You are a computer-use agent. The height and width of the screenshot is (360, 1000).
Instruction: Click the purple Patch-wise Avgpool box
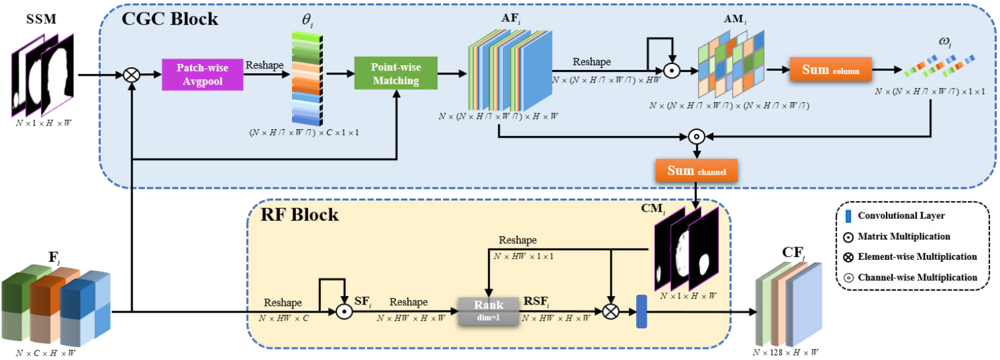(x=202, y=74)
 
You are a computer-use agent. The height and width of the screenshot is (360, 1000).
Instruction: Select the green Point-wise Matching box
(x=396, y=74)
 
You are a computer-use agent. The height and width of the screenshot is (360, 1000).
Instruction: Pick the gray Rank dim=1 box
(x=488, y=310)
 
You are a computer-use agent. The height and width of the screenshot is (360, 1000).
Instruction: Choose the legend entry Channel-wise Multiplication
(x=917, y=277)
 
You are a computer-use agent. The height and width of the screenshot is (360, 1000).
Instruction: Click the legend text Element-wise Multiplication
(x=917, y=256)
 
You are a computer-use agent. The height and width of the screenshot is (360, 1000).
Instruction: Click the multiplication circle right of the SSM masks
(x=132, y=75)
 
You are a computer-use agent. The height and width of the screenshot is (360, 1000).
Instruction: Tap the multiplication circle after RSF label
(x=611, y=311)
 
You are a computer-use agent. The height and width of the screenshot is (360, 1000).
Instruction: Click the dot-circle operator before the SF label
(x=342, y=311)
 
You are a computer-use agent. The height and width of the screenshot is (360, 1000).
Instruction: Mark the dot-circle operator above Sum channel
(x=696, y=137)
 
